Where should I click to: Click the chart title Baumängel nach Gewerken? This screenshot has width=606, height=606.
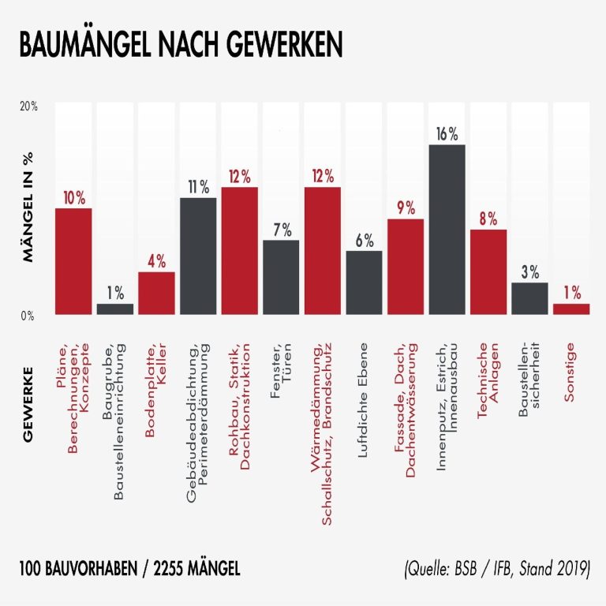(181, 45)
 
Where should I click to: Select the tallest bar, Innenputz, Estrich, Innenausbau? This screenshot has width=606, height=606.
(447, 229)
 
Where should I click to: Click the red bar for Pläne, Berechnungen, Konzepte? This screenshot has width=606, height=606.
(73, 261)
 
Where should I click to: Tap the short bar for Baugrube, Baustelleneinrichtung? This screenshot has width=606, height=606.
(115, 309)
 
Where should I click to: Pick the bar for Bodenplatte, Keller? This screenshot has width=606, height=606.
(156, 293)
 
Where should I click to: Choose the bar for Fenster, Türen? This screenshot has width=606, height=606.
(281, 277)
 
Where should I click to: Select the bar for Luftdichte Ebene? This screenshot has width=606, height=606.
(364, 282)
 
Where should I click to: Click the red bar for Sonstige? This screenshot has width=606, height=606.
(571, 309)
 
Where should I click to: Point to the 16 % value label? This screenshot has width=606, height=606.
(447, 134)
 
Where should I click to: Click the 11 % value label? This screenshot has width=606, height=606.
(198, 187)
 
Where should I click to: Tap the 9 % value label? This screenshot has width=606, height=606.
(406, 208)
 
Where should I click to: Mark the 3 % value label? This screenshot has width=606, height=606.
(529, 272)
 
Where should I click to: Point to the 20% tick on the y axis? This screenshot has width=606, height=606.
(28, 106)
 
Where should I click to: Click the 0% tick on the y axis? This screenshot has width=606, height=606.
(28, 316)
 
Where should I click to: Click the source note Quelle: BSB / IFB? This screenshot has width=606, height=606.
(495, 569)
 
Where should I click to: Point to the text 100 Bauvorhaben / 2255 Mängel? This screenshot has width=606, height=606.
(129, 569)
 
